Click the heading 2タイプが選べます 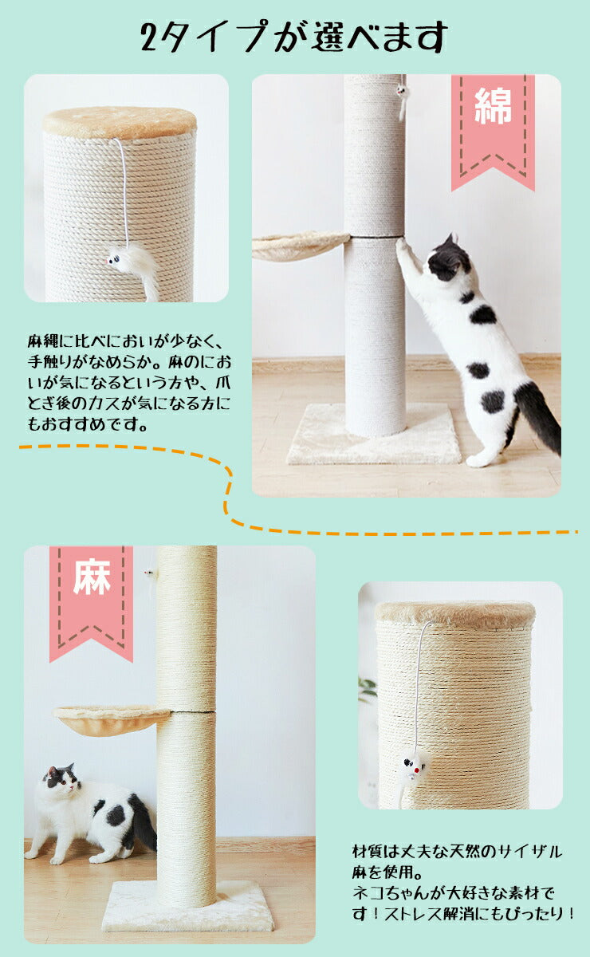(x=294, y=37)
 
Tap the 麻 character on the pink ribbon (x=91, y=580)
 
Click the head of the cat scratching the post (x=449, y=259)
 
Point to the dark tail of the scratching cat (x=537, y=415)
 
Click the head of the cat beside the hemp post (x=61, y=782)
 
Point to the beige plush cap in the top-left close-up (x=120, y=122)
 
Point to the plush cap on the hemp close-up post (x=454, y=612)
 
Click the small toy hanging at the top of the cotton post (x=403, y=100)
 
